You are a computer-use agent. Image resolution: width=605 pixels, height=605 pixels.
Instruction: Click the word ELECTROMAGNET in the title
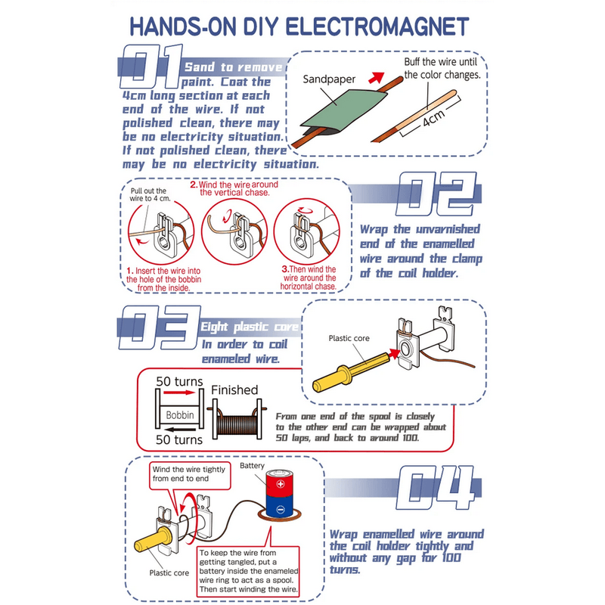[x=377, y=26]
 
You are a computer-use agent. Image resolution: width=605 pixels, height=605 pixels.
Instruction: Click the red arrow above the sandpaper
[x=376, y=78]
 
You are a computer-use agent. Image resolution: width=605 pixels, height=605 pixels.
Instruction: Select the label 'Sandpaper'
[x=329, y=79]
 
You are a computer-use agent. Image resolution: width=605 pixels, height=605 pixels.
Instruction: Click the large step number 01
[x=151, y=66]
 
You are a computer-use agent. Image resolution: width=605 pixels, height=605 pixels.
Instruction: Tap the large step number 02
[x=436, y=194]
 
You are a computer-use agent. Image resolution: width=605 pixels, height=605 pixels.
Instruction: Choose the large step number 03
[x=160, y=327]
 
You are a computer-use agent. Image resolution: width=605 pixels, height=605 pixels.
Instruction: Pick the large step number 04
[x=436, y=488]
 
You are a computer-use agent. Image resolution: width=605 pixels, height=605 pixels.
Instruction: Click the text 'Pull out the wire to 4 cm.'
[x=150, y=194]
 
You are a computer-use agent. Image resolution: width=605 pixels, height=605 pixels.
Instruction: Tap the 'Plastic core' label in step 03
[x=349, y=338]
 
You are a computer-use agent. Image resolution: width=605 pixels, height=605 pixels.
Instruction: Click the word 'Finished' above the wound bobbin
[x=234, y=390]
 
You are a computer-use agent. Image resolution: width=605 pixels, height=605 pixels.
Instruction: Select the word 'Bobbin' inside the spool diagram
[x=180, y=415]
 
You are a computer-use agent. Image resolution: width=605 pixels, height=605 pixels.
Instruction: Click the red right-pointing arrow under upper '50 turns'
[x=179, y=392]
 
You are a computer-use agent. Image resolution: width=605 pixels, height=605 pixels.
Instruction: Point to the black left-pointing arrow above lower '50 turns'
[x=180, y=429]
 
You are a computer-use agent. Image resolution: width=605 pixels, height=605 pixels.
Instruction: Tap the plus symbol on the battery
[x=281, y=484]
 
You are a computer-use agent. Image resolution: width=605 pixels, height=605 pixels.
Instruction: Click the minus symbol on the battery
[x=281, y=510]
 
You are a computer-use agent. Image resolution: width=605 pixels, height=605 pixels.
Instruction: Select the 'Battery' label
[x=252, y=466]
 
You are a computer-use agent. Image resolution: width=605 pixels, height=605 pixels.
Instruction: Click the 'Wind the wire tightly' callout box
[x=190, y=476]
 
